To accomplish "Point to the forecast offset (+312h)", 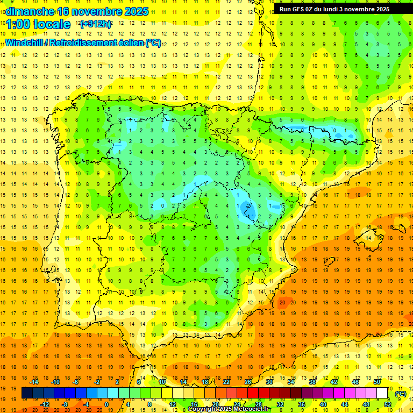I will [95, 24].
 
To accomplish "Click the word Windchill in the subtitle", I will [24, 42].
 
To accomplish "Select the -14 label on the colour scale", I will [34, 382].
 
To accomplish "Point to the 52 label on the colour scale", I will [388, 404].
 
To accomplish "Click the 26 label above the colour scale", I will [248, 382].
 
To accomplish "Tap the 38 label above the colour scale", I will [312, 382].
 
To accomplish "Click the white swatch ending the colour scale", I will [382, 393].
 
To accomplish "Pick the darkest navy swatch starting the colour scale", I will [27, 393].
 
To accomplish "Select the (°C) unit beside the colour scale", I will [401, 393].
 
